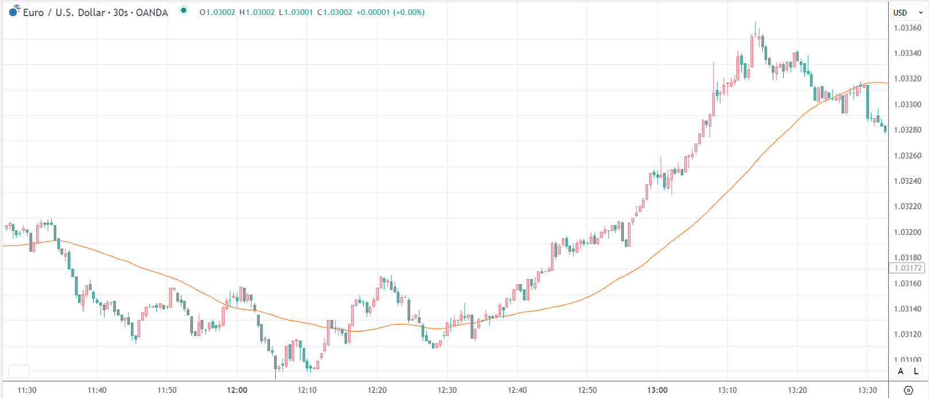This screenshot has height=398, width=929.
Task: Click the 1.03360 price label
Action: point(907,28)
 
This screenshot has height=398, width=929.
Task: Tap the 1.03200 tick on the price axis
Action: point(907,232)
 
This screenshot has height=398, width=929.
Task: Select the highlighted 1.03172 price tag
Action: point(908,268)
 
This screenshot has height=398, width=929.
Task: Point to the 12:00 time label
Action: point(237,390)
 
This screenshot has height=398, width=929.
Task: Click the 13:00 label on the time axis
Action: point(657,390)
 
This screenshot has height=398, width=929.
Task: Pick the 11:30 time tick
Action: point(27,390)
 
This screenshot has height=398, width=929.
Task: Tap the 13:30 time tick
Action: point(868,390)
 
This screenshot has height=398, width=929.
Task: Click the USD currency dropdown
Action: point(908,12)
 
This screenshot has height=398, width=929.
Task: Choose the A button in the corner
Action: point(900,371)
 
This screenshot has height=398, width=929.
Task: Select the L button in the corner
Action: point(916,371)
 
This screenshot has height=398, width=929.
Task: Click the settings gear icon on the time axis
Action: point(908,391)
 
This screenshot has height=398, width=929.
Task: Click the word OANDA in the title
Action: point(152,13)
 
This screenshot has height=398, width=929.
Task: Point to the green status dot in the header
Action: point(183,10)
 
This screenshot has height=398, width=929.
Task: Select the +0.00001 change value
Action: point(373,12)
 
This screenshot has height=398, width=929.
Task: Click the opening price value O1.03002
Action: point(217,12)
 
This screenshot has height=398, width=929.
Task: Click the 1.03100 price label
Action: point(907,360)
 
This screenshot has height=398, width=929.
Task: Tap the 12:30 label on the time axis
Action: point(447,390)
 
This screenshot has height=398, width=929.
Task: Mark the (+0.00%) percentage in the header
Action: point(408,12)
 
